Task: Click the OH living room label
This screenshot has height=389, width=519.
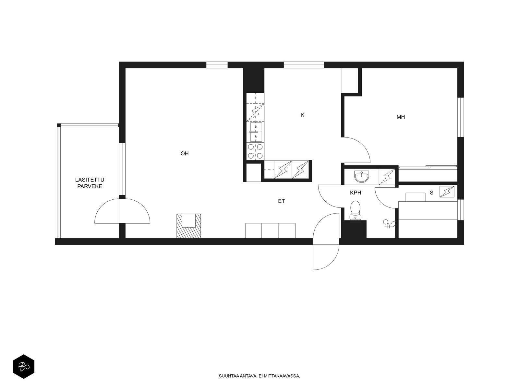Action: pyautogui.click(x=185, y=154)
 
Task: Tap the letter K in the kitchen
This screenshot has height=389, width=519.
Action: pyautogui.click(x=302, y=115)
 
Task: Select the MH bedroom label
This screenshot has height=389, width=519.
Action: pyautogui.click(x=401, y=117)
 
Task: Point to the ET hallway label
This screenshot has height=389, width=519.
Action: pyautogui.click(x=281, y=201)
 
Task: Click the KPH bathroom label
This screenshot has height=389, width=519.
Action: pyautogui.click(x=356, y=193)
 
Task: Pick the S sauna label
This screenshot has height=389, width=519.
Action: pyautogui.click(x=431, y=193)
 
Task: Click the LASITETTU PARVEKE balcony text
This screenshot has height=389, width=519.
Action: pyautogui.click(x=90, y=183)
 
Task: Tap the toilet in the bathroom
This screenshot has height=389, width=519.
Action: pyautogui.click(x=355, y=210)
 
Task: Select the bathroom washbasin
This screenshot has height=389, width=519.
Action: pyautogui.click(x=361, y=176)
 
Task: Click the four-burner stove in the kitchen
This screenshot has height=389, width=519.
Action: pyautogui.click(x=255, y=151)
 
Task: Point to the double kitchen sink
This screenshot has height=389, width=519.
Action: pyautogui.click(x=256, y=132)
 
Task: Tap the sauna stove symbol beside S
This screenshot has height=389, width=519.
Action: pyautogui.click(x=447, y=192)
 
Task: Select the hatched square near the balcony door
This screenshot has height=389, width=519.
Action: pyautogui.click(x=189, y=226)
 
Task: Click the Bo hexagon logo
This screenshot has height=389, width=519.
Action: pyautogui.click(x=24, y=367)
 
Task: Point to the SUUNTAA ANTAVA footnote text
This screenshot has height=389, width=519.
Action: pyautogui.click(x=259, y=376)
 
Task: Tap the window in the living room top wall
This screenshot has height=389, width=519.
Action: pyautogui.click(x=217, y=65)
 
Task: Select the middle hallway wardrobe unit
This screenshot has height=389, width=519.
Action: pyautogui.click(x=270, y=230)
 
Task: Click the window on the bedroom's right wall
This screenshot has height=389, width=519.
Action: pyautogui.click(x=460, y=117)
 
